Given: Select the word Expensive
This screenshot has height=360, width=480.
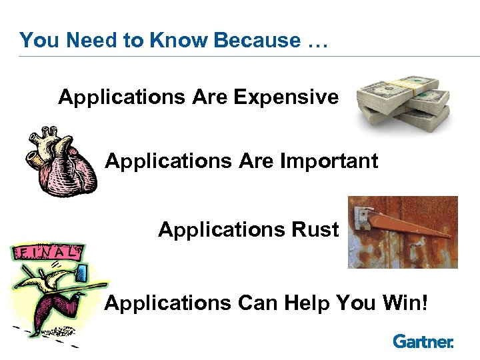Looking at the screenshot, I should (286, 97).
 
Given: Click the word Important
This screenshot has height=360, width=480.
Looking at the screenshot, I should (330, 161).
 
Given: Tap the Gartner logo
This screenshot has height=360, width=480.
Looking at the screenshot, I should (423, 341).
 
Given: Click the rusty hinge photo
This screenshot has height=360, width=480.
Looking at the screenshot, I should (403, 232).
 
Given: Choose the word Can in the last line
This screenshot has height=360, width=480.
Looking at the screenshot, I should (259, 303).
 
